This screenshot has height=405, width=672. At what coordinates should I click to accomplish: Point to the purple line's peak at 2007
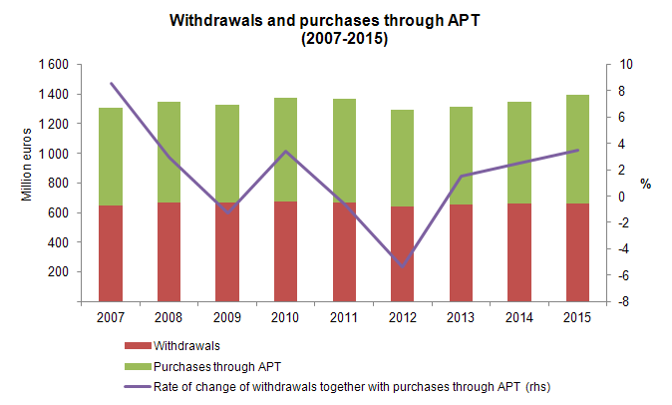111,84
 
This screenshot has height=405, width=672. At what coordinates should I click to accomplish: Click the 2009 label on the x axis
227,317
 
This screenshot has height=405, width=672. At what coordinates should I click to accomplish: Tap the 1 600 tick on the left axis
53,64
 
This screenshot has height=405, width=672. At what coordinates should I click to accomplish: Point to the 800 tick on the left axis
57,183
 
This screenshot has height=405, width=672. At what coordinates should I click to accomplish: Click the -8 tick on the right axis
625,301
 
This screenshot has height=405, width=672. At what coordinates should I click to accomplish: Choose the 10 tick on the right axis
625,64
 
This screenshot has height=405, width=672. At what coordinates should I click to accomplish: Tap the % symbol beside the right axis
645,184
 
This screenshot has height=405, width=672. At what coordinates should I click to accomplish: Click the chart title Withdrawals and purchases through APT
337,20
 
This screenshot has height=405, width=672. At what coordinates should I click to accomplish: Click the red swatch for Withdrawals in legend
137,347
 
